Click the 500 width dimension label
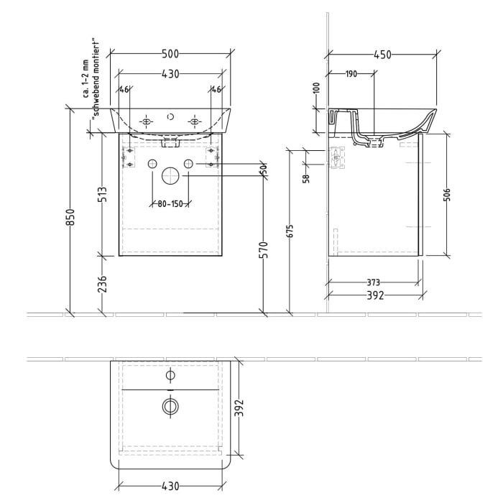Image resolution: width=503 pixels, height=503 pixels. [170, 54]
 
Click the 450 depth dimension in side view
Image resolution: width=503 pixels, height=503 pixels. [382, 55]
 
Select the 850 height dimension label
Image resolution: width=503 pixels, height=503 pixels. [70, 213]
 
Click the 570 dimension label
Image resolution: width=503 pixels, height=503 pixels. [264, 249]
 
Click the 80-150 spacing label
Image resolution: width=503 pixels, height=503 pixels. [170, 204]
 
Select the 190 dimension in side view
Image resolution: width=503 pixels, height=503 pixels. [351, 74]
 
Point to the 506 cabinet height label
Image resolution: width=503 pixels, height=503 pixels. [447, 195]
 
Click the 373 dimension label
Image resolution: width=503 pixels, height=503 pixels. [373, 282]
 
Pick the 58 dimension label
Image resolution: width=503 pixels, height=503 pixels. [305, 177]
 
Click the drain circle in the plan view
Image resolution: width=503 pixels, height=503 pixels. [170, 407]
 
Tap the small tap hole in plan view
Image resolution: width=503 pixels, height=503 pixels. [170, 375]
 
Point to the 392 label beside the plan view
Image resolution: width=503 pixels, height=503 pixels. [241, 409]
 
